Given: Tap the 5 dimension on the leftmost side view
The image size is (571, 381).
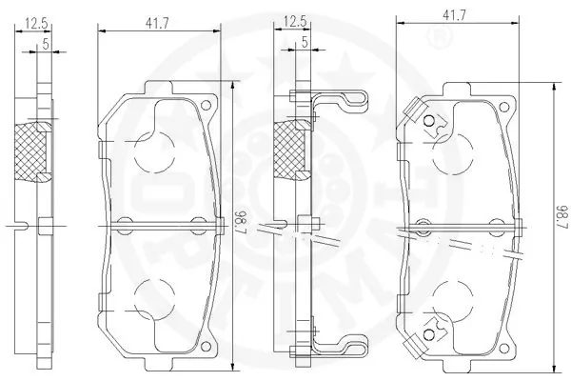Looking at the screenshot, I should (45, 43).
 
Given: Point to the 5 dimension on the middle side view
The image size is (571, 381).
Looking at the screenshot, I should (303, 43).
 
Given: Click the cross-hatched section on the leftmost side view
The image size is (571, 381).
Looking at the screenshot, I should (35, 151).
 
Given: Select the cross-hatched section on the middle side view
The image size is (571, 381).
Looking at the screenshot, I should (289, 150).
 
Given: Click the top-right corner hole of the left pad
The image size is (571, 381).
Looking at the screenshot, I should (207, 106).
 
